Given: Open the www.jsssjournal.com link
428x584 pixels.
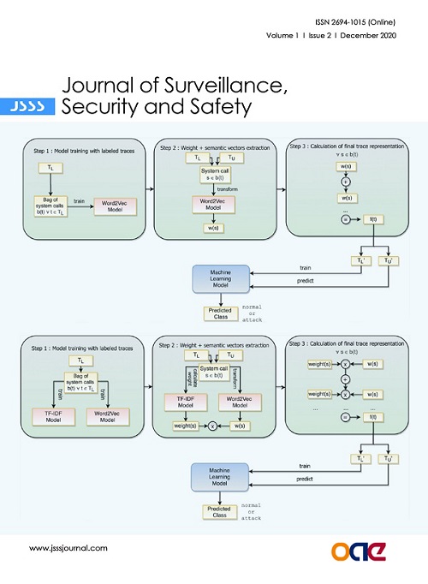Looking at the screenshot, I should pyautogui.click(x=68, y=547).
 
